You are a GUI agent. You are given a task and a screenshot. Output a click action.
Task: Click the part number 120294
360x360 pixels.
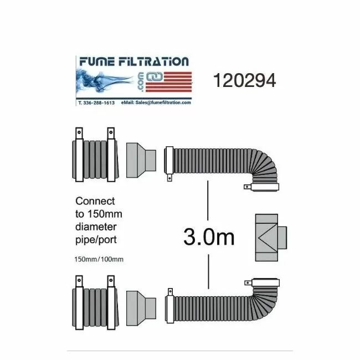tap(244, 80)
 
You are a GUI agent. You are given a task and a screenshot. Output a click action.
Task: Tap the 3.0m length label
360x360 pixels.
tap(209, 237)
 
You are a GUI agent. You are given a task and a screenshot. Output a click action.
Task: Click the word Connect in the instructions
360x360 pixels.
tap(95, 201)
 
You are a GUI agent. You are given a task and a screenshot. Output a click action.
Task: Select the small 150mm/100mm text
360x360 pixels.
tap(99, 259)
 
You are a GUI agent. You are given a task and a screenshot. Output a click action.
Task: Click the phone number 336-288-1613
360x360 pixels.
tap(99, 103)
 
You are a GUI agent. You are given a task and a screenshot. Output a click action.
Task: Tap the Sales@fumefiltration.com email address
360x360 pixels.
tap(163, 102)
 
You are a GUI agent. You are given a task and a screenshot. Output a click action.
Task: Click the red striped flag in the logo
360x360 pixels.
tap(168, 82)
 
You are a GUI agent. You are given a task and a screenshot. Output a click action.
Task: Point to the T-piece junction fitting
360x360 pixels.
tap(271, 238)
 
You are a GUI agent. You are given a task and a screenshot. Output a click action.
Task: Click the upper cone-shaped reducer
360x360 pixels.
tap(141, 160)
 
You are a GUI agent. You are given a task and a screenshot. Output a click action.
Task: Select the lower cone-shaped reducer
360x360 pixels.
tap(141, 308)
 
